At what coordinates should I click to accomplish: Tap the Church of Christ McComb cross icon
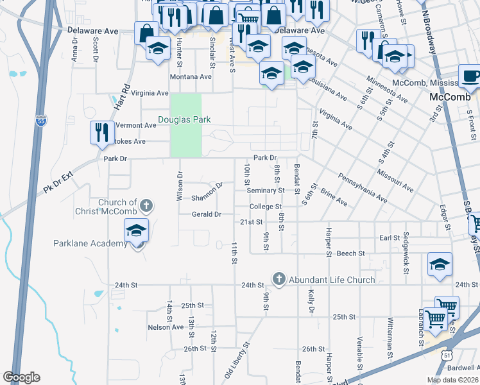click(146, 206)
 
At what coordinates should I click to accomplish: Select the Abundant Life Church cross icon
click(279, 278)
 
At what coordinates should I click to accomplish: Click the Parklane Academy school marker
click(137, 231)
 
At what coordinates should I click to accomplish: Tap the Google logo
click(21, 377)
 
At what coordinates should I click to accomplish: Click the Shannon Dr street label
click(207, 192)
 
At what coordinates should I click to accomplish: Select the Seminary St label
click(266, 191)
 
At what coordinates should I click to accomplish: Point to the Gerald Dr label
click(206, 214)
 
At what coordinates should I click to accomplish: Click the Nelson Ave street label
click(166, 327)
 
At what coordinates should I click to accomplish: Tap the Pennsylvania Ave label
click(364, 187)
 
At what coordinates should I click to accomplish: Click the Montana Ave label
click(191, 76)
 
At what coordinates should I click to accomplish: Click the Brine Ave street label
click(334, 198)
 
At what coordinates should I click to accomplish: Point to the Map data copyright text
click(452, 380)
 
